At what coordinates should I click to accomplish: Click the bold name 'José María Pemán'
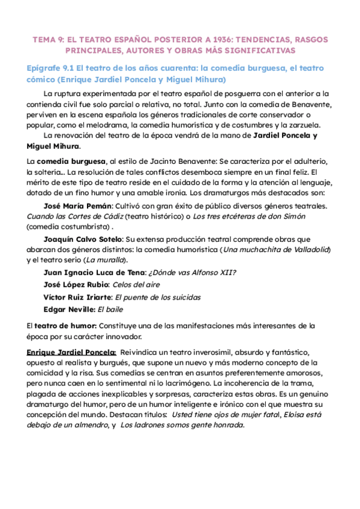coord(80,206)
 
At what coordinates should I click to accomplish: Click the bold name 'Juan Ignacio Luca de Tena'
coord(97,273)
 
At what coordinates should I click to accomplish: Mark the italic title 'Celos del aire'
coord(136,285)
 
